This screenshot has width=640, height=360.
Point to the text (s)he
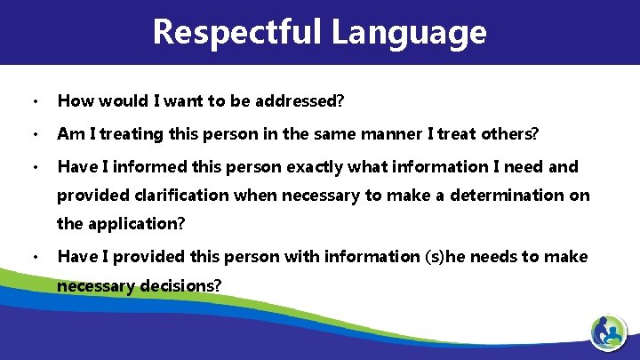point(430,256)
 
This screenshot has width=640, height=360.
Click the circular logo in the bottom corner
point(610,334)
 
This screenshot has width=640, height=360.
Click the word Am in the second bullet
point(68,134)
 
